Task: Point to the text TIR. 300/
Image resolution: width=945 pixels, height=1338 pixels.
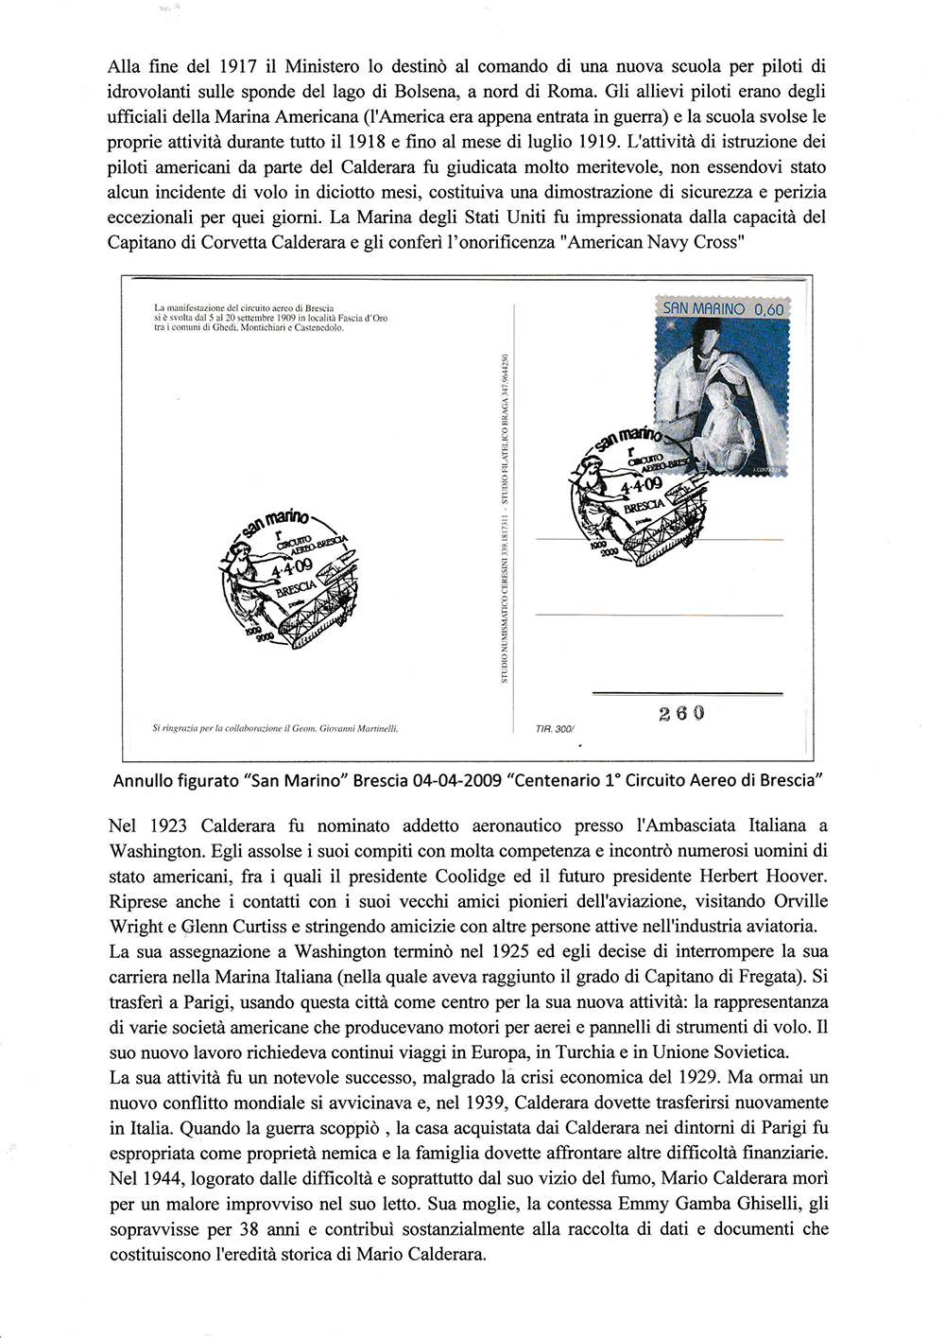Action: pos(555,729)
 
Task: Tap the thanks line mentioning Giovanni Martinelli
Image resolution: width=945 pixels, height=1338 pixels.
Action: pos(275,729)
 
